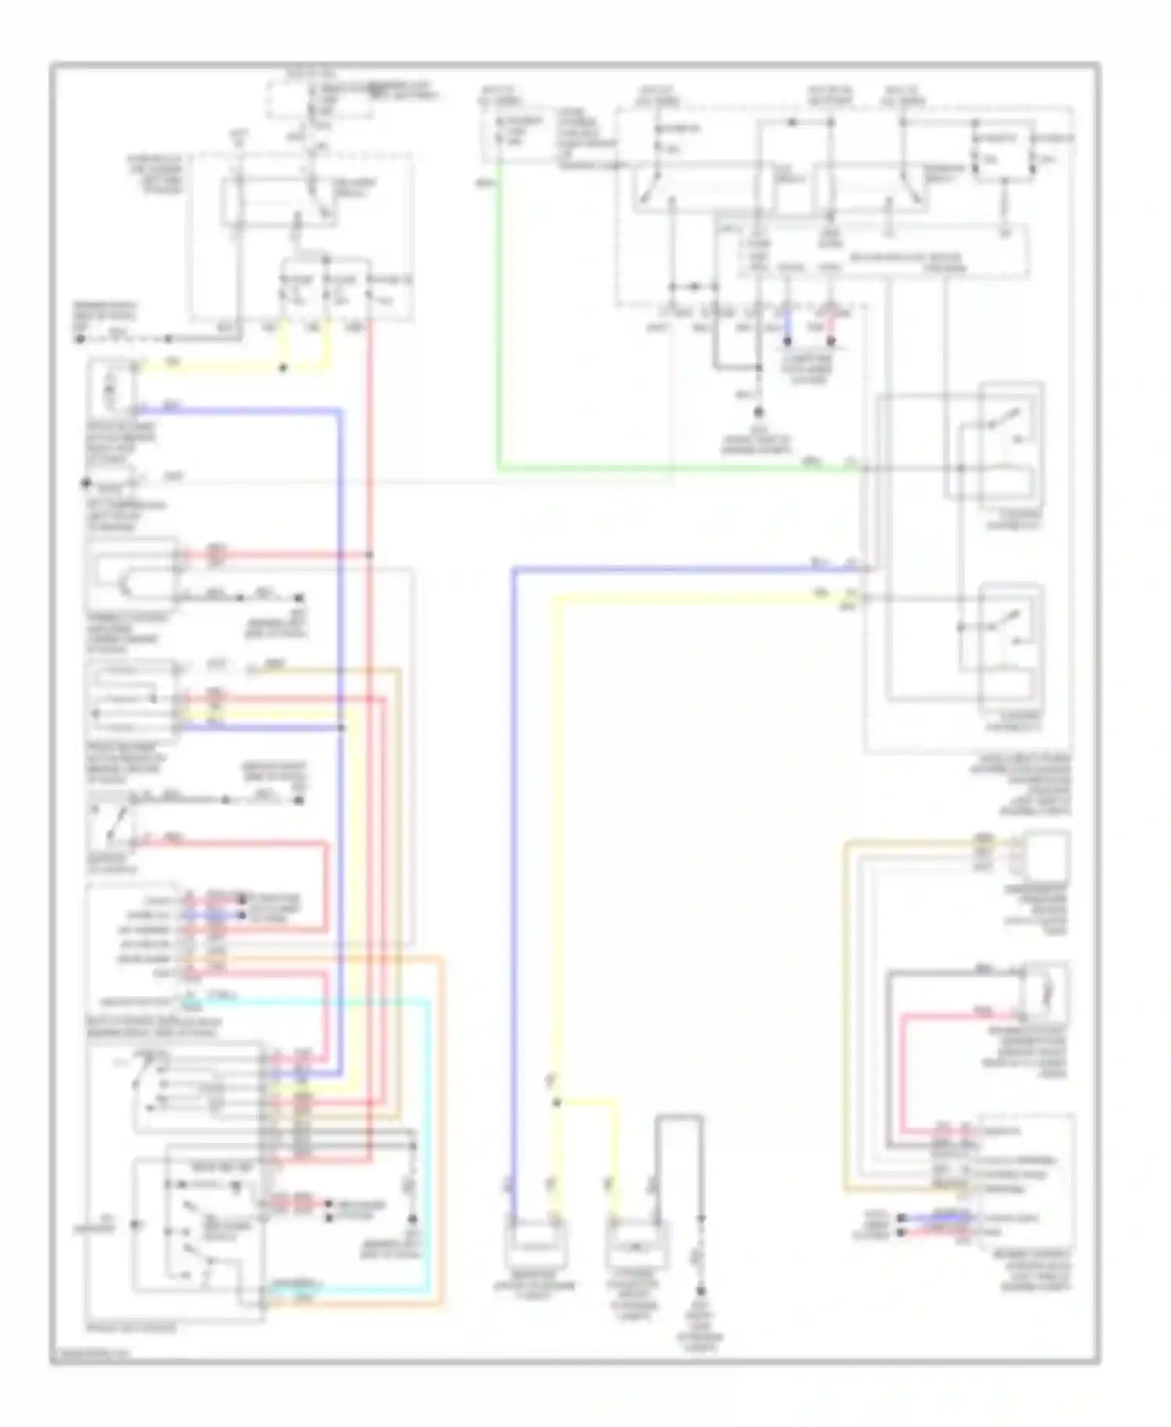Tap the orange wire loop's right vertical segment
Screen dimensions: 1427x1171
[443, 1132]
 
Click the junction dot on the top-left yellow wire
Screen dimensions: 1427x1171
[283, 368]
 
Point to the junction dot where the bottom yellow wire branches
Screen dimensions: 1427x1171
[557, 1102]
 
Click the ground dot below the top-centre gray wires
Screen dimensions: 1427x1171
[757, 411]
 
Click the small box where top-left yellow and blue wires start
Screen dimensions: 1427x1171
[112, 386]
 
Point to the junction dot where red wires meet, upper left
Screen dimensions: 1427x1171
[369, 555]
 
